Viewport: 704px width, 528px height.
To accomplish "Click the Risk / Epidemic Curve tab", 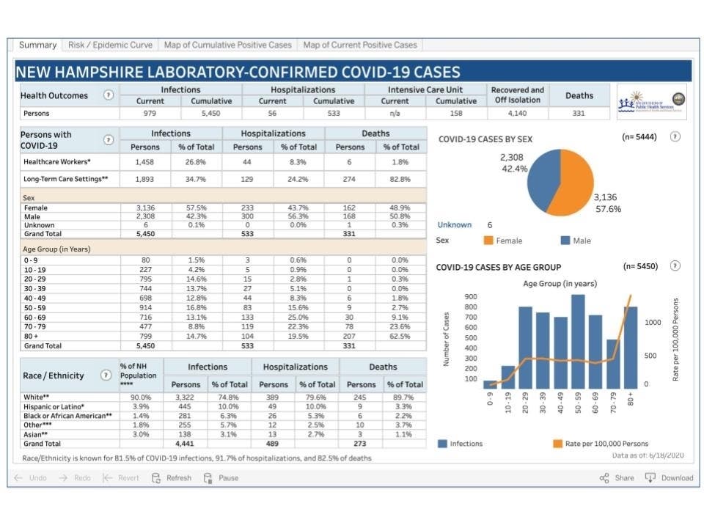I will pyautogui.click(x=110, y=45).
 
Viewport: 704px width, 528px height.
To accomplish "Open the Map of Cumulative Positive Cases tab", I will pyautogui.click(x=227, y=45).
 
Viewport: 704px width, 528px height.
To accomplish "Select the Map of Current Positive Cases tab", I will pyautogui.click(x=359, y=45).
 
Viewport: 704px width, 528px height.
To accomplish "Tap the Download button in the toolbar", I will pyautogui.click(x=669, y=477).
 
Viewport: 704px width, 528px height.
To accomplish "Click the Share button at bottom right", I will pyautogui.click(x=617, y=477).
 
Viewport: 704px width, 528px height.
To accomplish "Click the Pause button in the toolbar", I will pyautogui.click(x=221, y=477).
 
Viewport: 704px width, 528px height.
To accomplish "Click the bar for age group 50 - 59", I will pyautogui.click(x=578, y=341).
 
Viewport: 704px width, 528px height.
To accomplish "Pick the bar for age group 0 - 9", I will pyautogui.click(x=490, y=384).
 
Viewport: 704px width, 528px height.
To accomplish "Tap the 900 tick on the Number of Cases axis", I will pyautogui.click(x=472, y=296).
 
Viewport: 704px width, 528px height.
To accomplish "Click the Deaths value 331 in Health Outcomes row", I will pyautogui.click(x=579, y=114).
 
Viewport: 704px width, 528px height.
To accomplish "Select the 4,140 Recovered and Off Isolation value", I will pyautogui.click(x=517, y=114).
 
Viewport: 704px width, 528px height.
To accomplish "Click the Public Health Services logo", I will pyautogui.click(x=651, y=101).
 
